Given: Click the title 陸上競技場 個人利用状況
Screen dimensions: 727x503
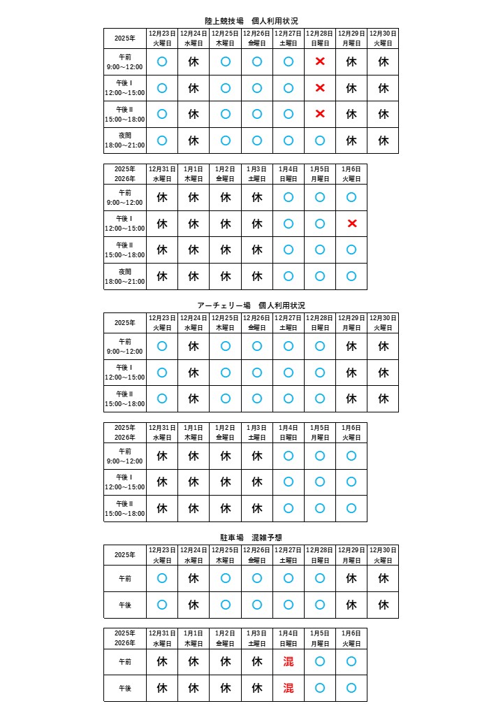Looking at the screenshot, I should (x=251, y=21).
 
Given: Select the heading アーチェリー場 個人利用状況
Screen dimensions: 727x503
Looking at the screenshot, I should (x=251, y=305).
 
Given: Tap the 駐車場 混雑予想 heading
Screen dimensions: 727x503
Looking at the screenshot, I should (x=251, y=538).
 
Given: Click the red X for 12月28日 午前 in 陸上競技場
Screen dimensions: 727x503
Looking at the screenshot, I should (x=320, y=62).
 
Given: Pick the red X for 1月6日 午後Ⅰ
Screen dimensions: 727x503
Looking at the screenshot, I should (x=351, y=224).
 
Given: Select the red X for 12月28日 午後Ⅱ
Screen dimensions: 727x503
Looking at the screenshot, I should (x=320, y=114).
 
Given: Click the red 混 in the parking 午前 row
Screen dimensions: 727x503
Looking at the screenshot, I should (x=288, y=661).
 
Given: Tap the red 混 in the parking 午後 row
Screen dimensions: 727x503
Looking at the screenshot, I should (x=288, y=688).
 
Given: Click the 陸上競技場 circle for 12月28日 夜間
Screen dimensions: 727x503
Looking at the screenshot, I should (x=320, y=141).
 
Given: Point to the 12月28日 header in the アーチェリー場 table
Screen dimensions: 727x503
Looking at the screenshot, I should (x=320, y=322).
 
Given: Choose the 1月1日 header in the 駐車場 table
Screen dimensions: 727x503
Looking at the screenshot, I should (x=194, y=638).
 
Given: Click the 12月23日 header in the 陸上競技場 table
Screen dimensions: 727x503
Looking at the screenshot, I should (x=162, y=38).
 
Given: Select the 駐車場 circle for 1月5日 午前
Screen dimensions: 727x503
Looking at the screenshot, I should (x=320, y=661).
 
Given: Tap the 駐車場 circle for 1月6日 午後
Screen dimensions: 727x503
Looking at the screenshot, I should (x=351, y=688).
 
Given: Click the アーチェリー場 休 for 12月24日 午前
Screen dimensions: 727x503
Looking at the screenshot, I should (x=194, y=346).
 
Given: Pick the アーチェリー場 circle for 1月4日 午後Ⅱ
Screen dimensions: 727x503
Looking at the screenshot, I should (x=288, y=508).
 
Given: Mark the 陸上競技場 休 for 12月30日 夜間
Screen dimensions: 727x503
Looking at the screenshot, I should (x=383, y=141).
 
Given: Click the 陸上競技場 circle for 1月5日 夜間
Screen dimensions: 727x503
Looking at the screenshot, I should (x=320, y=276).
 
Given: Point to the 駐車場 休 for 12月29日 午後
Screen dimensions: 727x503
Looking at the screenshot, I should (x=351, y=605).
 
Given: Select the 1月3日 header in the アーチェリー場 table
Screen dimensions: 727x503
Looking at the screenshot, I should (x=256, y=432).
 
